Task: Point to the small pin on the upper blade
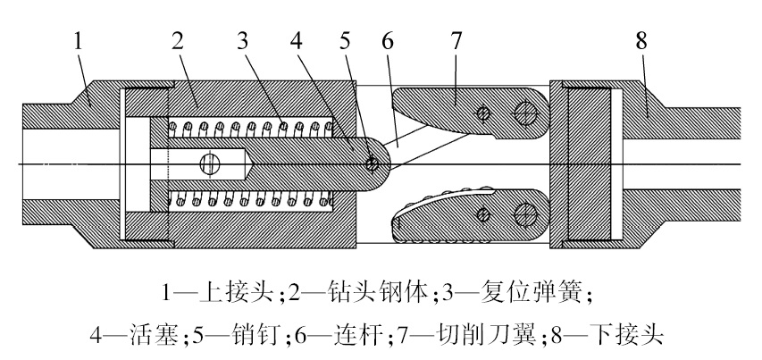point(483,113)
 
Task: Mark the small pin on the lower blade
point(483,213)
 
